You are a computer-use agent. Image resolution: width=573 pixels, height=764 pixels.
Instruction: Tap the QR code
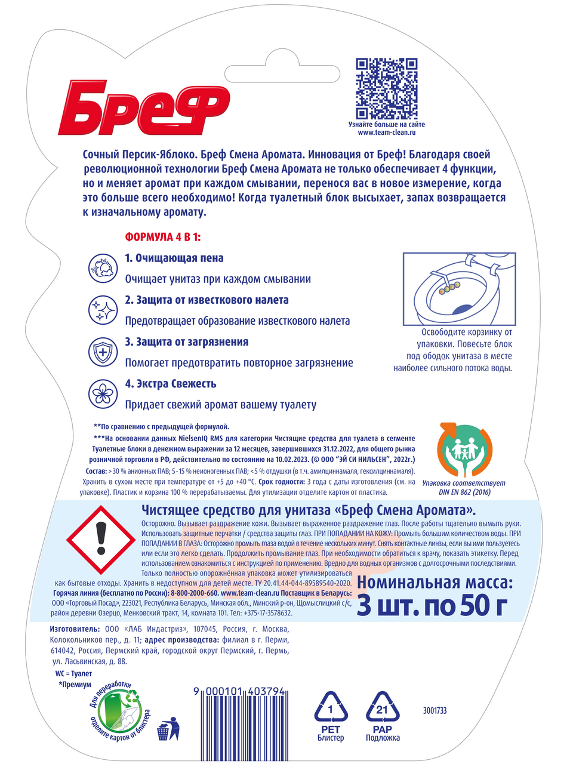386,88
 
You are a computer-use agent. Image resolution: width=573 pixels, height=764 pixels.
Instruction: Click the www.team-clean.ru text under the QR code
386,133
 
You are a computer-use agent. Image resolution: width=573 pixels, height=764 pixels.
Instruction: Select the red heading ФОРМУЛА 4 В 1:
163,237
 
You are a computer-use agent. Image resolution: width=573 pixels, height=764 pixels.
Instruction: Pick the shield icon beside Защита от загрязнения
103,352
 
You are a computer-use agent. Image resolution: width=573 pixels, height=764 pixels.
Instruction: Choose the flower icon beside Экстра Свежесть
103,393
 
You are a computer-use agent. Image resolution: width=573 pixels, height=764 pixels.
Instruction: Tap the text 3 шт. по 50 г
432,606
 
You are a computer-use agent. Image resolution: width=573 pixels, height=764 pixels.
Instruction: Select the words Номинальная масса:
435,583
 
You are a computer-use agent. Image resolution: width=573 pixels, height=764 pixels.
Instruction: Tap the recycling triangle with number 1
331,710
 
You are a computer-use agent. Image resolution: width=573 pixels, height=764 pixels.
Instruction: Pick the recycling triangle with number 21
382,710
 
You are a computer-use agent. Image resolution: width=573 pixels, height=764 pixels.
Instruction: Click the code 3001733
435,710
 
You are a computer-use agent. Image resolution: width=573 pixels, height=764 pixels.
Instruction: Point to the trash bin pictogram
164,729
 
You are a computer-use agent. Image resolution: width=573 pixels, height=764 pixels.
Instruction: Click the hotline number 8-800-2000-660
194,593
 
